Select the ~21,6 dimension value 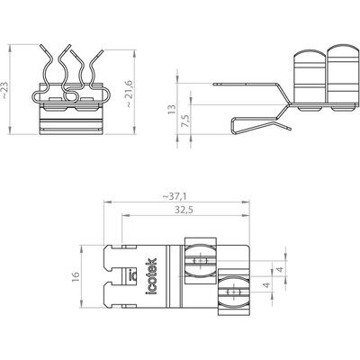tap(129, 94)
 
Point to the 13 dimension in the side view tap(171, 109)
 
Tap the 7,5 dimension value tap(185, 121)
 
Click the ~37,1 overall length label tap(175, 196)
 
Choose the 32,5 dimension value tap(184, 210)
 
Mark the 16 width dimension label tap(76, 276)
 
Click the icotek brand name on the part tap(151, 276)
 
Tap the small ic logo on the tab tap(131, 274)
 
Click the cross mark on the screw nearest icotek tap(200, 261)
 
